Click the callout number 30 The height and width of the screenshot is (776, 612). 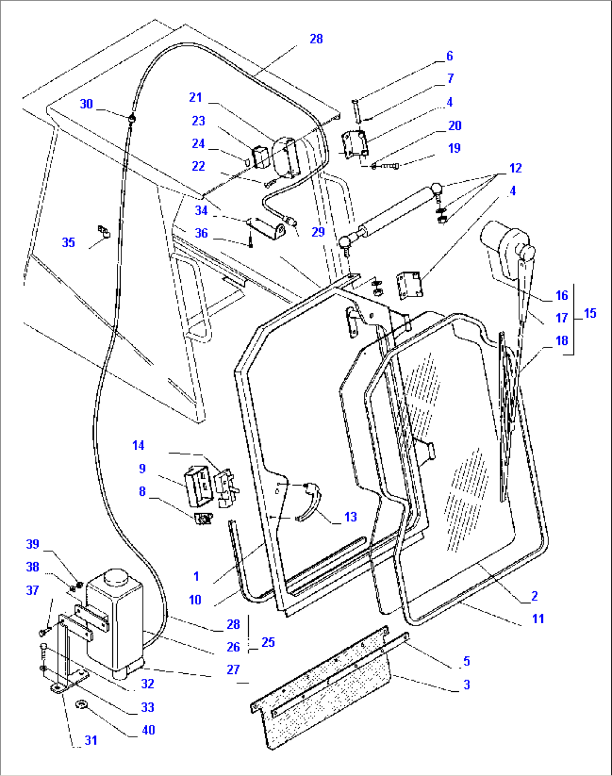86,104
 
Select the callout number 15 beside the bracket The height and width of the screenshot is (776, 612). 590,313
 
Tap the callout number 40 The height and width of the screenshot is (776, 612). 148,730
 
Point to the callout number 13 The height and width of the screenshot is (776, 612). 350,517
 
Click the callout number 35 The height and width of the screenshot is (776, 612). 68,242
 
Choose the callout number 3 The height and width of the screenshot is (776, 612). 467,684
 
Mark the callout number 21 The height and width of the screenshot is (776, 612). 195,97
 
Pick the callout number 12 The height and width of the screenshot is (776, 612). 515,168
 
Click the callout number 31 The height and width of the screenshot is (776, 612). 91,741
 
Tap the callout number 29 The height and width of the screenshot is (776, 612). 318,232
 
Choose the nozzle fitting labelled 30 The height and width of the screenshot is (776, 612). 131,118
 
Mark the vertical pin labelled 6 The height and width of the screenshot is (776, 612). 356,110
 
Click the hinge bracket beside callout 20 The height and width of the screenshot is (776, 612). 354,144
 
